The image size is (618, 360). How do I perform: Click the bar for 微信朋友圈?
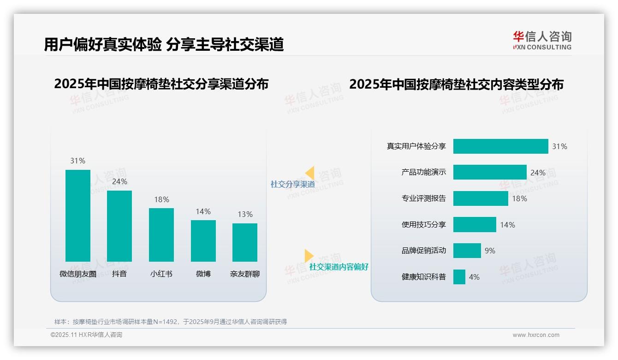[x=78, y=216]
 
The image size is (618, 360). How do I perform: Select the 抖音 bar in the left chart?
[x=119, y=226]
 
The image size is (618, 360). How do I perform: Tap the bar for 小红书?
[x=161, y=235]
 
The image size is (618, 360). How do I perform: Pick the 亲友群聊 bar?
[x=245, y=242]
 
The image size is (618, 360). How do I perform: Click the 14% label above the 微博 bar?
[x=203, y=211]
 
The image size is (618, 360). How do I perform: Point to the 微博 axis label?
[x=203, y=274]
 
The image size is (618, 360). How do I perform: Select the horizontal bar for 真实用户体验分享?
[x=500, y=146]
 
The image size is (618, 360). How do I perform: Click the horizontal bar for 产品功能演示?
[x=490, y=172]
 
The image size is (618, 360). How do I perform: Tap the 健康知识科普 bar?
[x=459, y=277]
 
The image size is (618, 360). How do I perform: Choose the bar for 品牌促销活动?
[x=467, y=251]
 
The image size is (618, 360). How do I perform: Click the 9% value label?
[x=490, y=251]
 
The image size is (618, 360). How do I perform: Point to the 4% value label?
[x=474, y=277]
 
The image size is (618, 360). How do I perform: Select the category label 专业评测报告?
[x=424, y=198]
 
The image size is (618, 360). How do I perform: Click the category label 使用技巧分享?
[x=424, y=225]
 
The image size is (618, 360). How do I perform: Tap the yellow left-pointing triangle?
[x=310, y=173]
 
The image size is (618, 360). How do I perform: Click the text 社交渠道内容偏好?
[x=339, y=267]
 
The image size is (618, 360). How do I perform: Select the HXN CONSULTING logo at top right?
[x=542, y=40]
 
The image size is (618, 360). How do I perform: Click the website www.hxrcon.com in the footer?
[x=536, y=335]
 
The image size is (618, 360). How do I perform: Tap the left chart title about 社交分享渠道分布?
[x=161, y=84]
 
